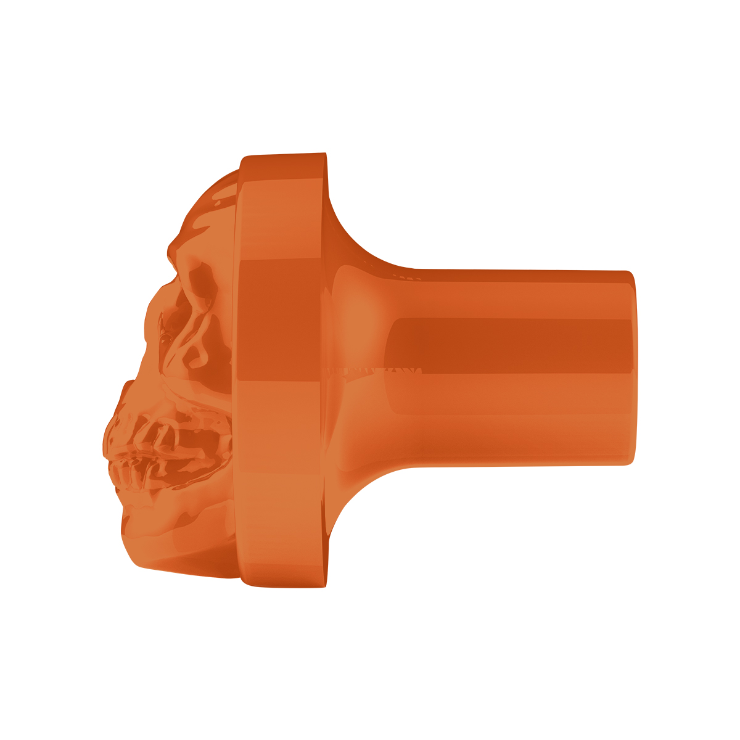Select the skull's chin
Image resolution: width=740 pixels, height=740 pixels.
click(139, 543)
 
